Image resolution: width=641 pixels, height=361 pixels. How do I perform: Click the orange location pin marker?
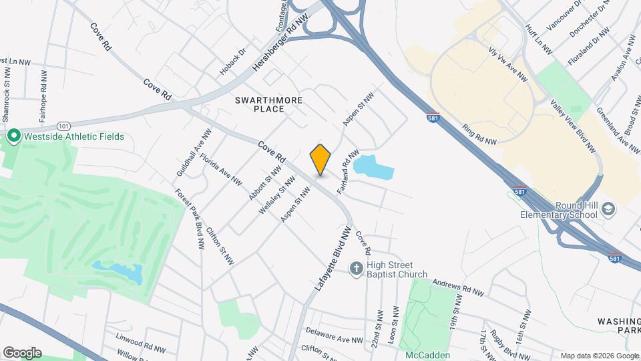coord(320,160)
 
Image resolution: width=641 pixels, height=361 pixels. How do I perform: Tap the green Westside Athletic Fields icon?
coord(13,136)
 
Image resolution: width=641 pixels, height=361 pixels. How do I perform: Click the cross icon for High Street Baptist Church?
coord(357,269)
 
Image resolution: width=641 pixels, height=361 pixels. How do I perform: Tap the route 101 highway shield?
coord(63,125)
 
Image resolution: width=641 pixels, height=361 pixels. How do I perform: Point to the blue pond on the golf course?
coord(118,271)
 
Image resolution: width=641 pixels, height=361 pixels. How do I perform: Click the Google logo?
coord(22,352)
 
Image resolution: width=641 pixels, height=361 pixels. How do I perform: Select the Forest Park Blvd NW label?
coord(189,219)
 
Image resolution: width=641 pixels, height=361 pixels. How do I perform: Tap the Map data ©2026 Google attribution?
coord(599,356)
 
